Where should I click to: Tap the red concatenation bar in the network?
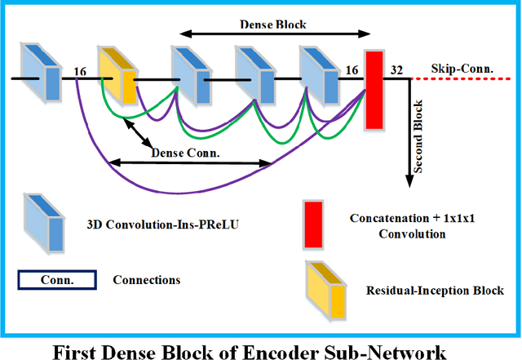[x=374, y=89]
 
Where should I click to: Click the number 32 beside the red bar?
[x=397, y=70]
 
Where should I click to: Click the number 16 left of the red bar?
[x=351, y=71]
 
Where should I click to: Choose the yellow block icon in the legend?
[x=325, y=289]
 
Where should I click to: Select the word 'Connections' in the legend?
[x=148, y=280]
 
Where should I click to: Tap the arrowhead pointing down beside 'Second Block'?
[x=405, y=182]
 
